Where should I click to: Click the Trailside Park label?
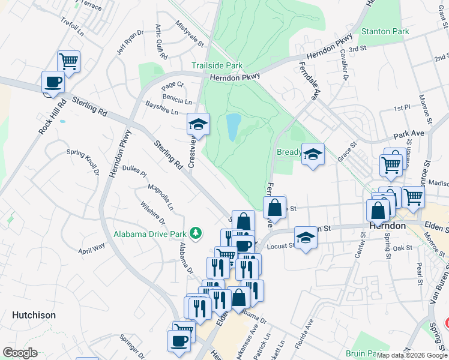(x=217, y=65)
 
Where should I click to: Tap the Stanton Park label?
(x=384, y=31)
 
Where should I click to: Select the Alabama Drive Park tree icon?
(x=195, y=232)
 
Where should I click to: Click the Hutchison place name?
(x=34, y=315)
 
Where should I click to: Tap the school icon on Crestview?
(x=198, y=124)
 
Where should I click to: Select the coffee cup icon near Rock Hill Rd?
(x=53, y=82)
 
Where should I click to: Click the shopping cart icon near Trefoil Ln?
(x=69, y=61)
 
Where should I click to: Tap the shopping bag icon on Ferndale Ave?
(x=274, y=208)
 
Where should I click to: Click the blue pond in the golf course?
(x=232, y=127)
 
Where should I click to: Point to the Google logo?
(x=20, y=353)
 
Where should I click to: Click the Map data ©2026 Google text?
(x=412, y=355)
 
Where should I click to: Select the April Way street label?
(x=91, y=248)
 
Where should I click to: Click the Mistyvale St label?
(x=190, y=35)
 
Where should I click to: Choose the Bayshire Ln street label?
(x=161, y=108)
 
